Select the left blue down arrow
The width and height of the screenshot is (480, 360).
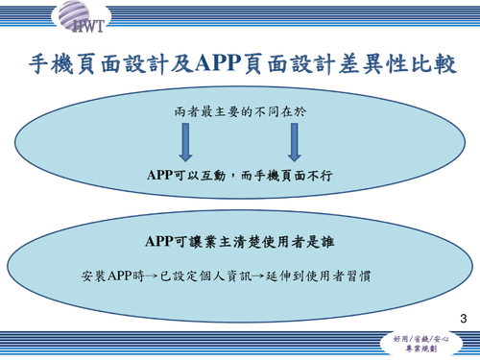(x=186, y=142)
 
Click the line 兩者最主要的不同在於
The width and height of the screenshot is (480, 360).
(x=240, y=111)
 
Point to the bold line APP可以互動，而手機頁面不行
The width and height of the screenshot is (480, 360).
(x=240, y=176)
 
